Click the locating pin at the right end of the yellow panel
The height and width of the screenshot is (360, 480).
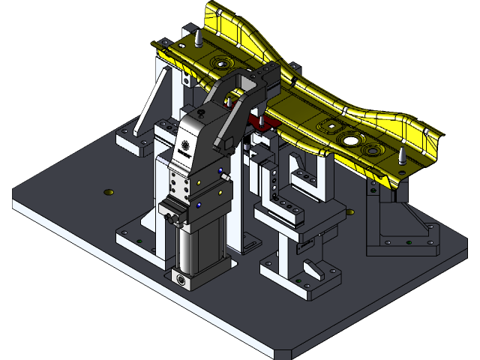coord(403,157)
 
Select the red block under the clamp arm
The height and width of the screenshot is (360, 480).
coord(263,122)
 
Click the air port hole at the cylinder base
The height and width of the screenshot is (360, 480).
coord(181,279)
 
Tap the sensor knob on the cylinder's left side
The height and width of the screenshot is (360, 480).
coord(173,218)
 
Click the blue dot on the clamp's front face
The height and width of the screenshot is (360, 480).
coord(199,204)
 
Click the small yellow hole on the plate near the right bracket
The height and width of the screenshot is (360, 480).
coord(349,211)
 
